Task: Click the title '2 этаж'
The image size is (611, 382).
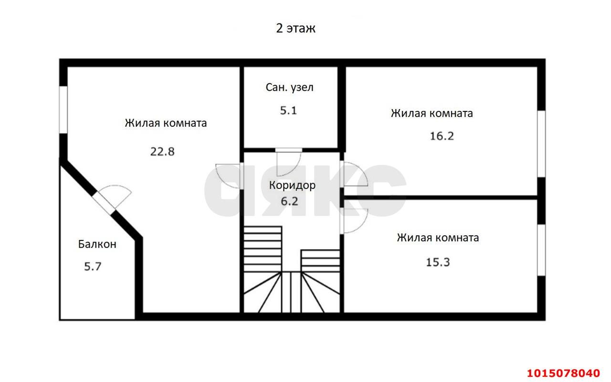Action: [295, 29]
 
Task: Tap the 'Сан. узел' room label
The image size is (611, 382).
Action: [289, 87]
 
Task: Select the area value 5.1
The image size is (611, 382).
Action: [288, 110]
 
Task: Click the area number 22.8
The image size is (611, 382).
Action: [163, 152]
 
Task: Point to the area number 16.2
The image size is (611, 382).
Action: [442, 136]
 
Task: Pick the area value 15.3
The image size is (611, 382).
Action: [438, 262]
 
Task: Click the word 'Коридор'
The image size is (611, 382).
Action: [292, 185]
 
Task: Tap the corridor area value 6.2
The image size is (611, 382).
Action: [289, 201]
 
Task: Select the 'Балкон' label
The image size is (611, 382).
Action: [97, 244]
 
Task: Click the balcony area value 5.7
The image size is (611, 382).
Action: [93, 267]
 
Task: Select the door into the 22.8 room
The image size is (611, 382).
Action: [228, 176]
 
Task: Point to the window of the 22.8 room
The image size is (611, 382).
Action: [63, 109]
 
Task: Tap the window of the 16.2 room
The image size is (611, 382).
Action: [541, 144]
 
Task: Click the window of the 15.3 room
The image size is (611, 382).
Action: [541, 250]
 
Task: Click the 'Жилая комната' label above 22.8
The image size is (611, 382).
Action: [166, 123]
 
